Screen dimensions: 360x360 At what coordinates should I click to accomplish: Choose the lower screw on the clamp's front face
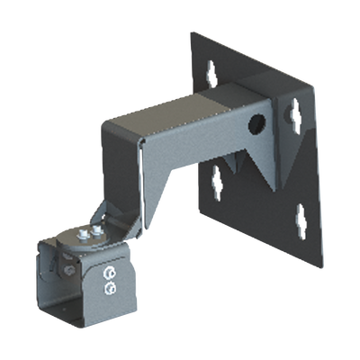click(x=111, y=285)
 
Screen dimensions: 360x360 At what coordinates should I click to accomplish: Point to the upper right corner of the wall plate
click(x=314, y=84)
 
